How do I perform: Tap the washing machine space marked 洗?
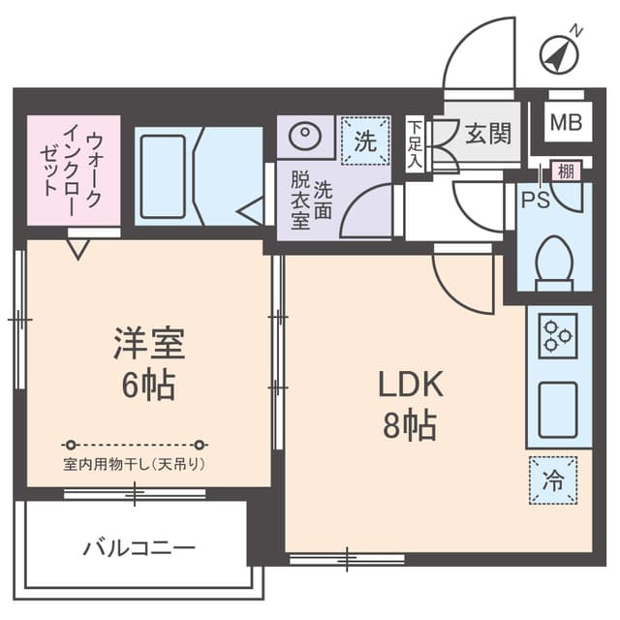coord(364,141)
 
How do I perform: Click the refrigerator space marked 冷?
coord(552,480)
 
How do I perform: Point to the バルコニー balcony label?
coord(139,548)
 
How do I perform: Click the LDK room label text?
coord(410,385)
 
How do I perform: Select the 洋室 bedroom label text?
coord(148,344)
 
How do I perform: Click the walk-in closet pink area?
coord(73,170)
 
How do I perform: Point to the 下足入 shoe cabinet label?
coord(414,142)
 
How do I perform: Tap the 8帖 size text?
coord(409,426)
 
